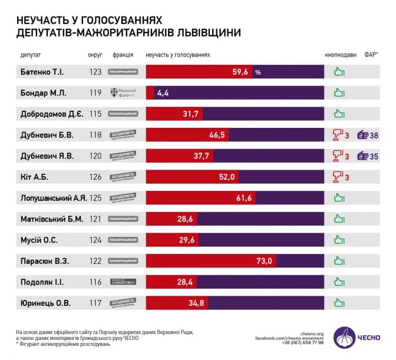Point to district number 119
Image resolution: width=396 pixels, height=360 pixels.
click(94, 93)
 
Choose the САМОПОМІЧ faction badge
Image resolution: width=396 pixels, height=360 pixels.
click(123, 282)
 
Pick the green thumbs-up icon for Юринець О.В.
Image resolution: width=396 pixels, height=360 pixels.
click(339, 303)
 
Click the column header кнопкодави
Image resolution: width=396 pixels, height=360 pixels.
click(341, 55)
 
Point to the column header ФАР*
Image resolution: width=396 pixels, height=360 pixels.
click(371, 55)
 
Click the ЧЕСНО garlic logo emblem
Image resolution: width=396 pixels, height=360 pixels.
click(345, 338)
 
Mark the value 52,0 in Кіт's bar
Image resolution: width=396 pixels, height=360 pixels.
click(227, 177)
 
